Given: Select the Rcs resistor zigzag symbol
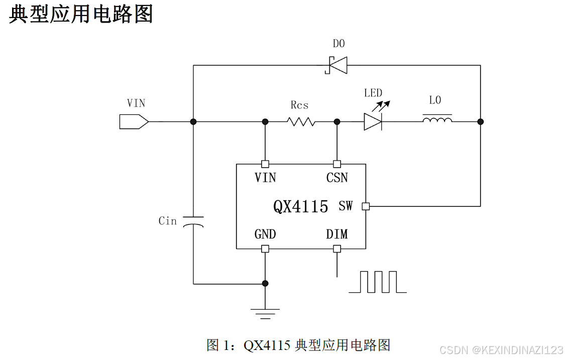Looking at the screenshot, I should [x=301, y=122].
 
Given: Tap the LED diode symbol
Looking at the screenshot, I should [x=373, y=122].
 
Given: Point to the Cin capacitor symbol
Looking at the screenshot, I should [x=193, y=221].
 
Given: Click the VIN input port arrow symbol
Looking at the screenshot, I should [x=134, y=122].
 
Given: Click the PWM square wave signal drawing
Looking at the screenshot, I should [x=378, y=282].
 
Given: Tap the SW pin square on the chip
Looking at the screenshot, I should [x=366, y=206].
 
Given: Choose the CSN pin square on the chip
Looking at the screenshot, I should [x=337, y=164].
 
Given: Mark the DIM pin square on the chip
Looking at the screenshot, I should [x=337, y=249].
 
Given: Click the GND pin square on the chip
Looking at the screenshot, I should [x=265, y=249].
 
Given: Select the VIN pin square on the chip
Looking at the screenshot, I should [x=265, y=164].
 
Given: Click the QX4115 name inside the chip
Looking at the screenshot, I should [x=300, y=206].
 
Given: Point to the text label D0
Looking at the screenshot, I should [x=339, y=44].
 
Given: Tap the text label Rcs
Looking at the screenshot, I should [x=299, y=105].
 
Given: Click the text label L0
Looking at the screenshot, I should [x=435, y=100].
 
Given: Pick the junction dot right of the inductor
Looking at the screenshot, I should [x=480, y=122].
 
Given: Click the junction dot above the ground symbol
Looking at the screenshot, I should [x=265, y=284].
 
